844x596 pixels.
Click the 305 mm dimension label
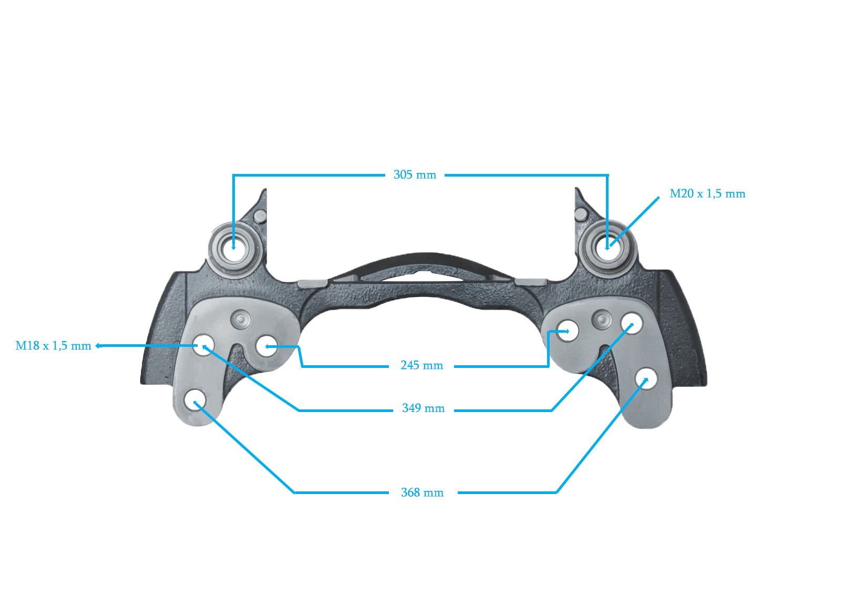pos(415,175)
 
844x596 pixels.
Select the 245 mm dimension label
pos(421,365)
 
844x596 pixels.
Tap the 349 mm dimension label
pos(423,408)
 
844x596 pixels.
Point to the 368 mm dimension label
pos(422,493)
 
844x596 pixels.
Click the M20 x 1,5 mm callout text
pos(707,194)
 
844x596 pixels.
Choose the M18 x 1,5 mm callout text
pos(53,346)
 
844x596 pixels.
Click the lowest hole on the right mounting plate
pos(646,379)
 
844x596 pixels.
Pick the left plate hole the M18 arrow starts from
pos(203,345)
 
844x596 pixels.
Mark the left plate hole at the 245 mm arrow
pos(266,346)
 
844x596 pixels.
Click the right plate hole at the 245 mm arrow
pos(568,331)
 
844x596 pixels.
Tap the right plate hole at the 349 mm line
pos(632,323)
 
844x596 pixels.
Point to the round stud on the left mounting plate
pos(241,319)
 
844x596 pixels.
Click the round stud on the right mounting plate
pos(602,319)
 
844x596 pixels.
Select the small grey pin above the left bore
pos(260,216)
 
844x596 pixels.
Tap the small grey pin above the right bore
pos(581,214)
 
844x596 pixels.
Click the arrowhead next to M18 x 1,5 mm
pos(98,346)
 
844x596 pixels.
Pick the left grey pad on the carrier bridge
pos(313,284)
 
